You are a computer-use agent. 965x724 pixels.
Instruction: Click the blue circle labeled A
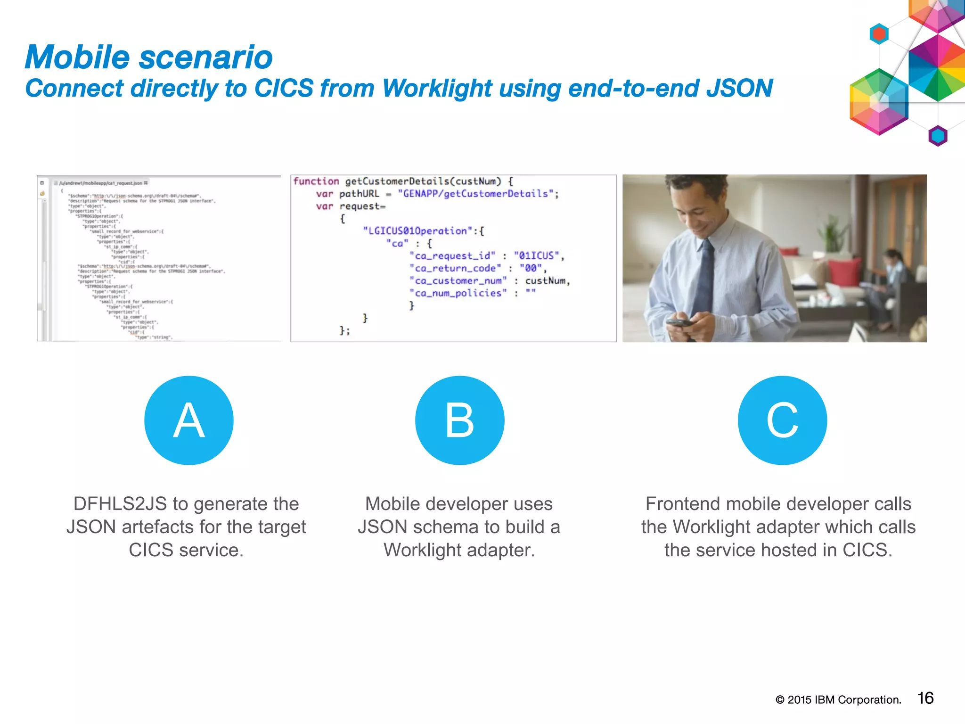pyautogui.click(x=188, y=420)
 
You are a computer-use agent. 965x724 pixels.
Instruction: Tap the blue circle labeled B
pyautogui.click(x=459, y=420)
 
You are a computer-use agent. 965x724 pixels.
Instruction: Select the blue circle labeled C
pyautogui.click(x=782, y=420)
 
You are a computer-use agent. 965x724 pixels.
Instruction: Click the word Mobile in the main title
pyautogui.click(x=77, y=58)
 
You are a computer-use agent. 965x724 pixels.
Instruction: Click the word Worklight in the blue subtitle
pyautogui.click(x=437, y=88)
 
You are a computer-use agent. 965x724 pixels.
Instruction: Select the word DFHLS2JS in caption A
pyautogui.click(x=120, y=504)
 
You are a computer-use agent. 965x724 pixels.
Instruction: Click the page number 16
pyautogui.click(x=925, y=698)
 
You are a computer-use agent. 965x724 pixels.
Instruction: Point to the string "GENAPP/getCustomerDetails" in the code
pyautogui.click(x=475, y=194)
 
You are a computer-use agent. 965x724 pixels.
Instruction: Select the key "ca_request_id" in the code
pyautogui.click(x=452, y=256)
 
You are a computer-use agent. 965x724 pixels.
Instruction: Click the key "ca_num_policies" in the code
pyautogui.click(x=458, y=293)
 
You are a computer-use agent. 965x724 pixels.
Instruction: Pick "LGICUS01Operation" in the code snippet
pyautogui.click(x=417, y=231)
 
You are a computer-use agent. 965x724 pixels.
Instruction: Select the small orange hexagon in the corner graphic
pyautogui.click(x=879, y=34)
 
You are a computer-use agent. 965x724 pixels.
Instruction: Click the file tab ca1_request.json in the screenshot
pyautogui.click(x=101, y=183)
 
